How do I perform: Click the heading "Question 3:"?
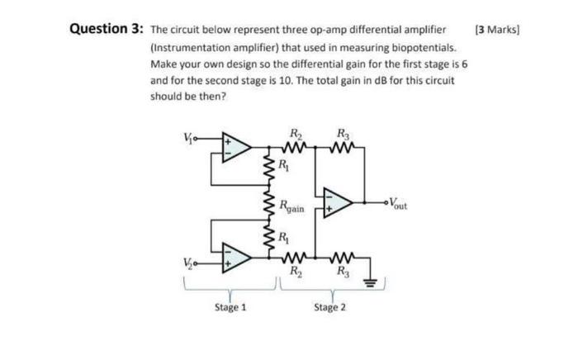click(105, 31)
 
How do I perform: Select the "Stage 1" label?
click(230, 307)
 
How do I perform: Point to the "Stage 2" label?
click(329, 307)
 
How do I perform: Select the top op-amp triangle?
click(236, 145)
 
